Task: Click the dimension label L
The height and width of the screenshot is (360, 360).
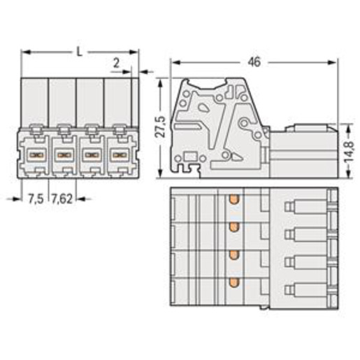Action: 80,52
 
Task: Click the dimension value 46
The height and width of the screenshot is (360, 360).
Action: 254,62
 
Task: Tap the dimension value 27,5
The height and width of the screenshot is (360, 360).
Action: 161,126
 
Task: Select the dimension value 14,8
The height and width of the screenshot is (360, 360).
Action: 349,151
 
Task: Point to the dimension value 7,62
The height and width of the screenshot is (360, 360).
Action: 62,199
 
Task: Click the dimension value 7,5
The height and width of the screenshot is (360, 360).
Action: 36,199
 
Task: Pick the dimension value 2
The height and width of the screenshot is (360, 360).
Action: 116,63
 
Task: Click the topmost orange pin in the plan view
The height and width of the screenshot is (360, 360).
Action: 234,199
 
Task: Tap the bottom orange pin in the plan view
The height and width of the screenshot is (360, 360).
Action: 234,282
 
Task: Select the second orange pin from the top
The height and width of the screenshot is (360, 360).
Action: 234,226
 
